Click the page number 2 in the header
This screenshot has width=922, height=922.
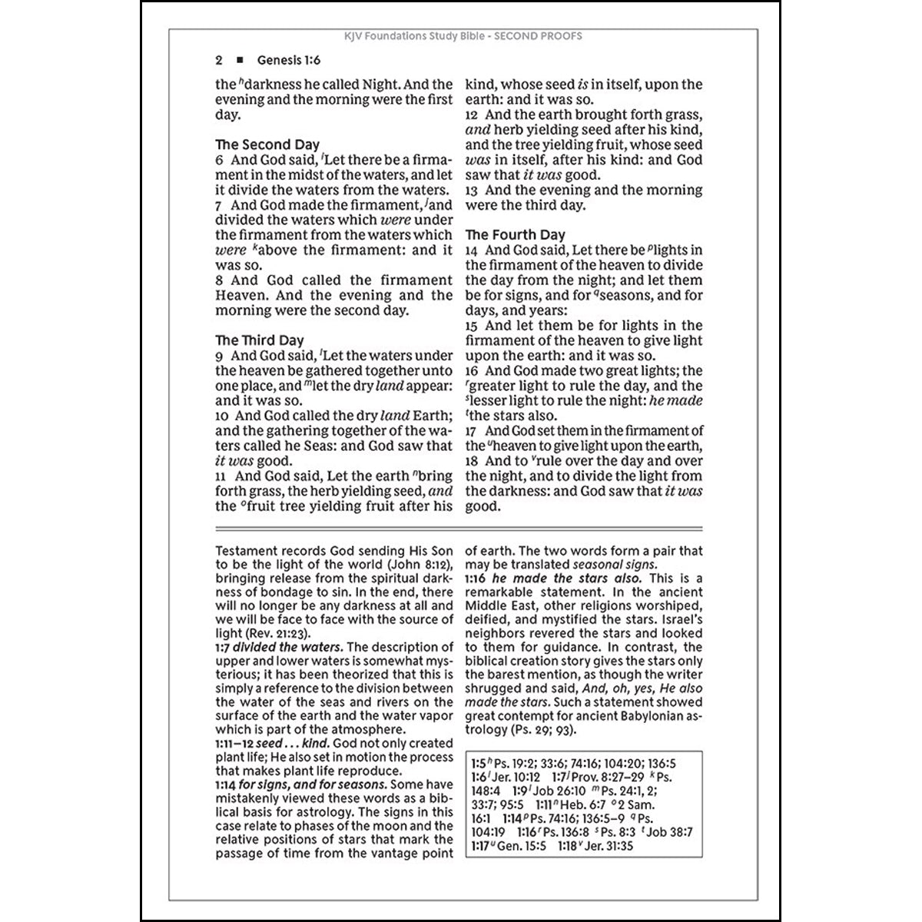coord(219,60)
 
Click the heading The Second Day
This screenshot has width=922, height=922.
coord(267,144)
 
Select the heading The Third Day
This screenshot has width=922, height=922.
coord(259,340)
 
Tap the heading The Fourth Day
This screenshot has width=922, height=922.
coord(515,235)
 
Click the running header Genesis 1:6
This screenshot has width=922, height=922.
coord(289,60)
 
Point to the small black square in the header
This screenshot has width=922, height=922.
coord(240,60)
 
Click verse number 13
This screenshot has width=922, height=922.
coord(472,191)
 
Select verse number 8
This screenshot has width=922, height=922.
coord(220,280)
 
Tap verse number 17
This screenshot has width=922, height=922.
coord(472,431)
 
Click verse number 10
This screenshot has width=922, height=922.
coord(222,416)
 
